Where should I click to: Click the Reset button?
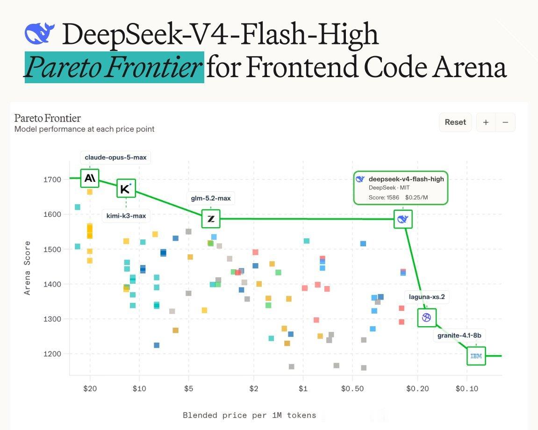[455, 122]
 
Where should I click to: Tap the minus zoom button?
[505, 122]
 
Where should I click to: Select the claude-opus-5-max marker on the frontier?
[90, 178]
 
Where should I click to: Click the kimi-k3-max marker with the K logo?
[126, 188]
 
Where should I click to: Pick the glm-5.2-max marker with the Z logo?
[211, 219]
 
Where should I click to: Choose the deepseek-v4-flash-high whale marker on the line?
[403, 219]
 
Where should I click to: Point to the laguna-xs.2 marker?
[427, 317]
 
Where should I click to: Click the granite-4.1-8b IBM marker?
[476, 356]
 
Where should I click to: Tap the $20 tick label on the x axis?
[90, 388]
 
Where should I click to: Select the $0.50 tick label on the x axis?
[352, 388]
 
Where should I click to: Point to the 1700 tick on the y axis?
[52, 179]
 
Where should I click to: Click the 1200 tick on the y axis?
[52, 354]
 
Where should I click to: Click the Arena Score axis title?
[27, 268]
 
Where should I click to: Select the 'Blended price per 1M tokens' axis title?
[250, 415]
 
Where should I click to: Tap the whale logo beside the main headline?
[39, 33]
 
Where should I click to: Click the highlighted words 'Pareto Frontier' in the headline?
[114, 67]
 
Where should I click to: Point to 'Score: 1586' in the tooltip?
[384, 197]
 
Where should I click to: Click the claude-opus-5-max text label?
[115, 158]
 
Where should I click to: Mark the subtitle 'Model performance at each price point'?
[85, 129]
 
